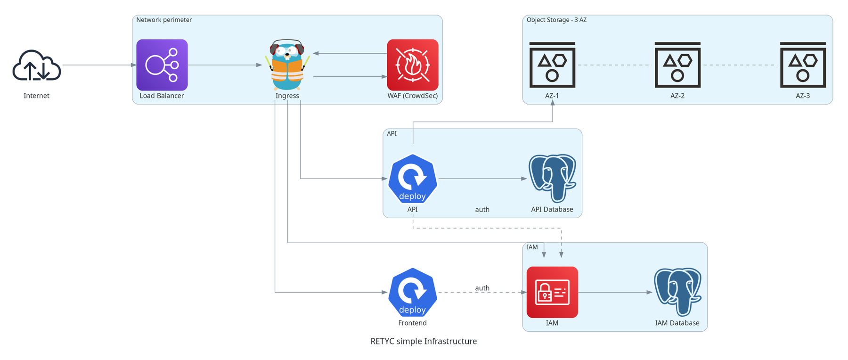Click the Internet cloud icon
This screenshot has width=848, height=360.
coord(36,65)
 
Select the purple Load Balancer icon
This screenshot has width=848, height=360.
coord(162,65)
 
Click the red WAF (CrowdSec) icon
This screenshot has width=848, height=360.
coord(413,65)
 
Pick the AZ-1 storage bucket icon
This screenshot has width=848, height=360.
coord(552,65)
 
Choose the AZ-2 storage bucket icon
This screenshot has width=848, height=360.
coord(677,65)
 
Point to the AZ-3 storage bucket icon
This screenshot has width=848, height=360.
coord(803,65)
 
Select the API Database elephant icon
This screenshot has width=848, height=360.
coord(552,178)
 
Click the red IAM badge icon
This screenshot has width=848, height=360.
coord(552,292)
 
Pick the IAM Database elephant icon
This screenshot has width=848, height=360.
coord(677,292)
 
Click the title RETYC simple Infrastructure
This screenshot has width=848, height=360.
coord(424,341)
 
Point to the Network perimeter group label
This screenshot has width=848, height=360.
coord(164,20)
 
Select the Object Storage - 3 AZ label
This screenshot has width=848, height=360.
coord(556,20)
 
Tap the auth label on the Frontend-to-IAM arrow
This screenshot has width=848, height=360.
coord(482,288)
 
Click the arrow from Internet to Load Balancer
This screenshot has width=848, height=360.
coord(99,65)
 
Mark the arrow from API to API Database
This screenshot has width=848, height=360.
coord(482,179)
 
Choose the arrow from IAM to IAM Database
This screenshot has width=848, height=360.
coord(615,292)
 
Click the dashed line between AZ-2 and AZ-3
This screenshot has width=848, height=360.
coord(740,65)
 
